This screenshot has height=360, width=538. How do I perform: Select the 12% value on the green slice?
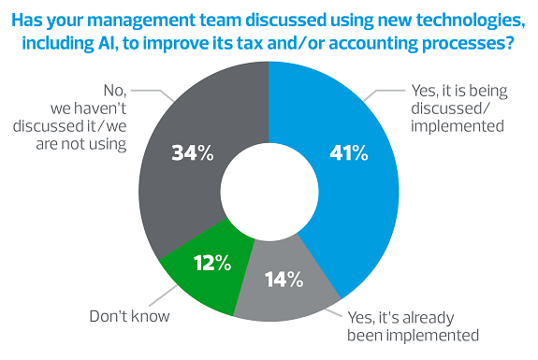pyautogui.click(x=211, y=263)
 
